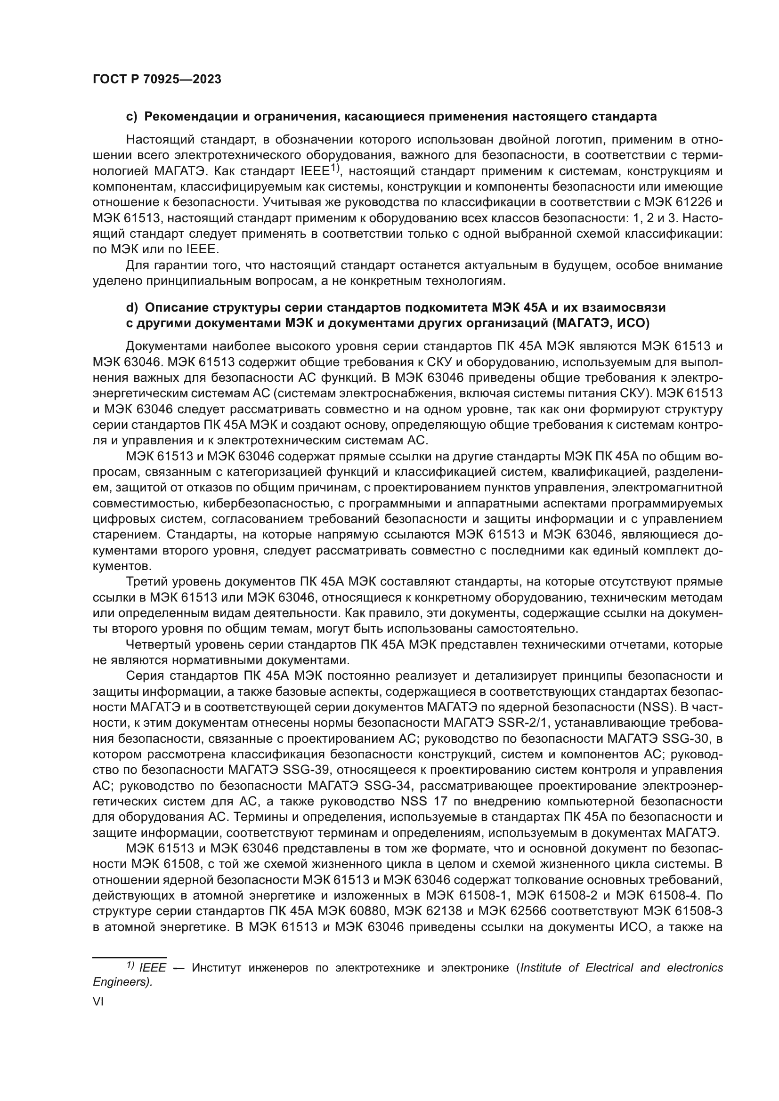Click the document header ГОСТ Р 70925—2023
click(157, 80)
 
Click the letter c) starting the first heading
click(131, 117)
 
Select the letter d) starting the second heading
click(131, 307)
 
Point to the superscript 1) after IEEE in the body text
click(334, 168)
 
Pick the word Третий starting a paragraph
click(147, 582)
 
